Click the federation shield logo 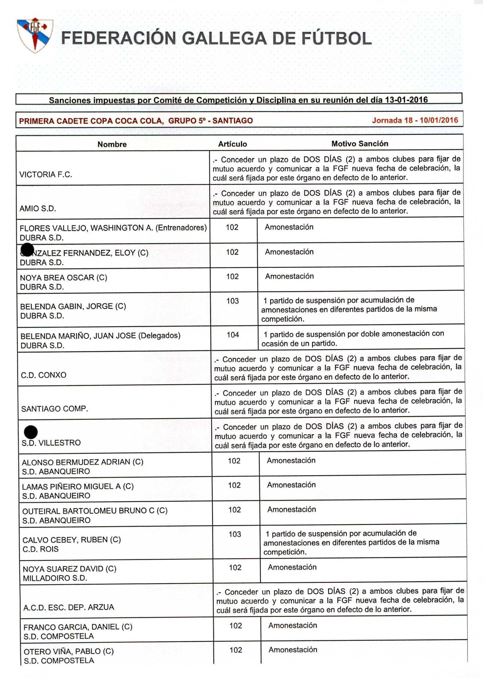[x=35, y=35]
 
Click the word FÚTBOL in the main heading [x=336, y=39]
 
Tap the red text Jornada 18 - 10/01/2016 [x=415, y=120]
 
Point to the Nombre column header [x=112, y=144]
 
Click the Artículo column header [x=232, y=144]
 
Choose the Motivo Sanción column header [x=360, y=144]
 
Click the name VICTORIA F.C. [x=46, y=174]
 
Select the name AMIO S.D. [x=38, y=208]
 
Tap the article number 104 [x=233, y=335]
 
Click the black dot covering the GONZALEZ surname [x=28, y=249]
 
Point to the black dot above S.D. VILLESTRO [x=31, y=432]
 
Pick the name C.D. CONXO [x=43, y=375]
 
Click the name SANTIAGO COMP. [x=54, y=409]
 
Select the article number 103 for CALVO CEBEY [x=235, y=534]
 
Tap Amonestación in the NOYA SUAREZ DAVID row [x=292, y=567]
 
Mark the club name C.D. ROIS [x=40, y=549]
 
